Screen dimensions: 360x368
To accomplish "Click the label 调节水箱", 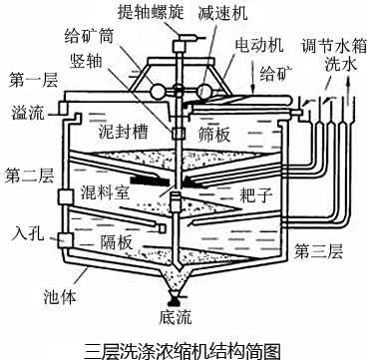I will [x=330, y=47].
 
